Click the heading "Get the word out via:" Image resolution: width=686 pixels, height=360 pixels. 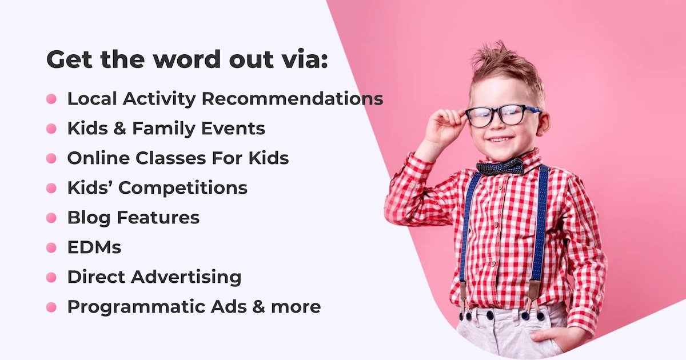point(188,60)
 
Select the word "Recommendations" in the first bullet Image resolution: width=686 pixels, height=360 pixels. point(293,99)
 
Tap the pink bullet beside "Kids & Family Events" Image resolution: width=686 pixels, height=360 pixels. point(51,129)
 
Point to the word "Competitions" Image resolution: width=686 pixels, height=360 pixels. point(192,188)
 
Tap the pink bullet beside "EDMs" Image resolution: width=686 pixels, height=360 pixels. point(51,247)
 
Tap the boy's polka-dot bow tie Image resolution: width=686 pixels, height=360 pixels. point(500,167)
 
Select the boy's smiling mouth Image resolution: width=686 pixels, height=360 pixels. point(501,139)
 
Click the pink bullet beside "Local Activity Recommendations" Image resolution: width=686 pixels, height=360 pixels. point(51,99)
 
